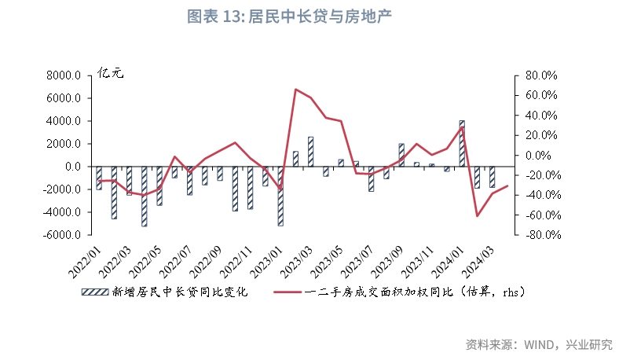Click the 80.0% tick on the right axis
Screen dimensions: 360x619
click(x=540, y=76)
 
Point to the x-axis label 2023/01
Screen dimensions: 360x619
click(x=266, y=263)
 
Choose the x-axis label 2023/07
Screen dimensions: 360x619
click(x=357, y=263)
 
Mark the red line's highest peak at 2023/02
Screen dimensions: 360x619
click(x=295, y=90)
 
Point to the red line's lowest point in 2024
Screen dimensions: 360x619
click(x=477, y=215)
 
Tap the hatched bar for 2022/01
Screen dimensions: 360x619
click(x=98, y=178)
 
